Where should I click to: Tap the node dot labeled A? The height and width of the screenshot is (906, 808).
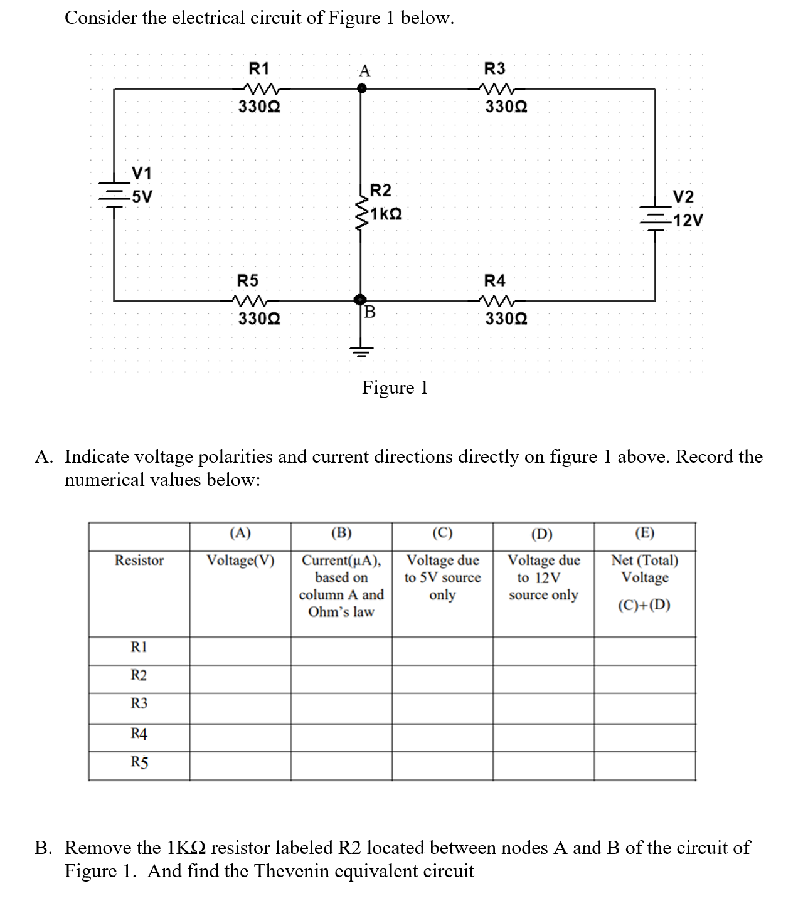[361, 89]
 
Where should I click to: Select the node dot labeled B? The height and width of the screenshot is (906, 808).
[360, 300]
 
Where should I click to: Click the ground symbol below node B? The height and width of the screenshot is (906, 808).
[361, 350]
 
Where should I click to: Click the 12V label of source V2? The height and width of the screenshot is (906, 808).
[688, 220]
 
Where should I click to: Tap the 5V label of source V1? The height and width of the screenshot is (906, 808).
[142, 196]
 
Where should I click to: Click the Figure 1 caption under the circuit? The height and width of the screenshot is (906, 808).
[395, 388]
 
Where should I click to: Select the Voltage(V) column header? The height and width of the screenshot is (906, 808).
[241, 560]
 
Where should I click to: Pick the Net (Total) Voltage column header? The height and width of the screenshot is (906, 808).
[645, 569]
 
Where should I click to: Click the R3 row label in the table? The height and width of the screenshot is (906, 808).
[139, 703]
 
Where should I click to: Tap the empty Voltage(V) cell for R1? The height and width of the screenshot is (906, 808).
[241, 651]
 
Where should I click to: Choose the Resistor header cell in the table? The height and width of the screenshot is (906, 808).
[139, 560]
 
